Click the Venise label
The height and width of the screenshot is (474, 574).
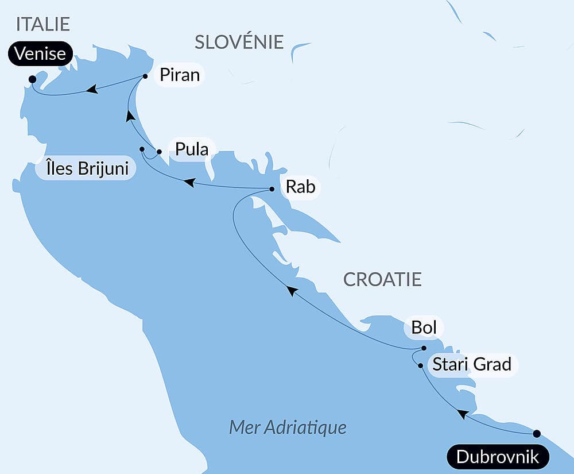[x=41, y=55]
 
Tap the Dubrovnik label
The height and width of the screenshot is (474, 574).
[x=498, y=457]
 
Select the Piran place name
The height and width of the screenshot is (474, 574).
[x=179, y=75]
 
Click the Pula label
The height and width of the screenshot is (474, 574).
[x=192, y=149]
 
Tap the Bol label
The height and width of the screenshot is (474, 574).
[x=424, y=327]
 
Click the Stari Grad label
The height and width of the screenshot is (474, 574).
[x=471, y=364]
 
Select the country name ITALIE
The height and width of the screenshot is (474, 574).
[x=43, y=24]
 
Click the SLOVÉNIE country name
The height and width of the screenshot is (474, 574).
[x=239, y=42]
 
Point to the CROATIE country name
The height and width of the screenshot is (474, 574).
[x=382, y=280]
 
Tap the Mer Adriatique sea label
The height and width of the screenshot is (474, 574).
[x=288, y=427]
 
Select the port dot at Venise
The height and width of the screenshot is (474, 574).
[x=32, y=79]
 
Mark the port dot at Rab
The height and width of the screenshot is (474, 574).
[x=272, y=188]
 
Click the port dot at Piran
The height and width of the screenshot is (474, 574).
[x=145, y=76]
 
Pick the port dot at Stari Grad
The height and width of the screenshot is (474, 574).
[x=421, y=365]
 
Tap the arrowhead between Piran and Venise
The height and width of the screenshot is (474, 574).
[x=91, y=89]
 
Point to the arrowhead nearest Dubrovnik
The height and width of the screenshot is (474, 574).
[x=461, y=414]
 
